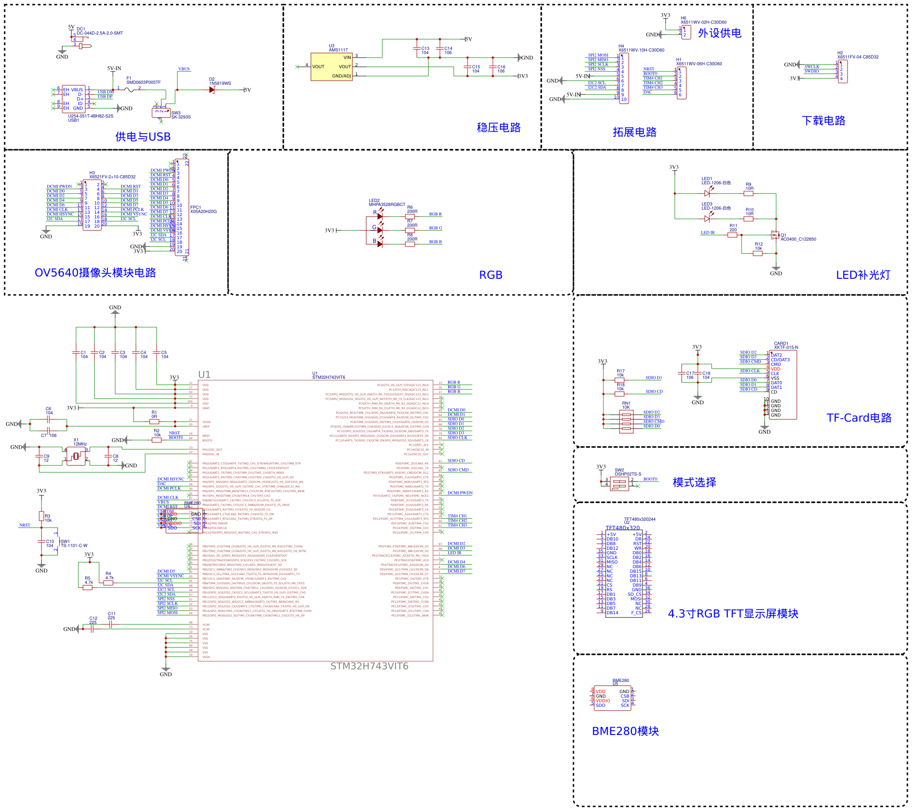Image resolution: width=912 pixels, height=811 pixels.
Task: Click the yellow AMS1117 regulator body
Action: [332, 67]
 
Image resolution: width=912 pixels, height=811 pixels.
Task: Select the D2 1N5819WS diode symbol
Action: [212, 90]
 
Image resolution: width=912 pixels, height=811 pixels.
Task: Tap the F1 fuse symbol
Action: [131, 90]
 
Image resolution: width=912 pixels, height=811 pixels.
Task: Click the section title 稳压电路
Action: [498, 128]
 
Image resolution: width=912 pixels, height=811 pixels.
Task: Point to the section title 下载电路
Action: [824, 121]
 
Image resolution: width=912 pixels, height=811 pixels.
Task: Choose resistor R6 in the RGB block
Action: [410, 216]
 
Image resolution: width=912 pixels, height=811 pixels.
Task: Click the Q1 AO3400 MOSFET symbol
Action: [775, 235]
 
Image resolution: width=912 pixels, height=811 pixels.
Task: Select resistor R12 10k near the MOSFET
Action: [758, 253]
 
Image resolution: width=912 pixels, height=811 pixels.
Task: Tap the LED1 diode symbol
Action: [707, 194]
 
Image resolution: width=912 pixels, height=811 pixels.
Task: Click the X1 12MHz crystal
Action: [76, 456]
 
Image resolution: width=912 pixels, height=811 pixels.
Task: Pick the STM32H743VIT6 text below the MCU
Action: [369, 666]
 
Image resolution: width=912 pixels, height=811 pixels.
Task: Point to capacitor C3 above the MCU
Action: [115, 353]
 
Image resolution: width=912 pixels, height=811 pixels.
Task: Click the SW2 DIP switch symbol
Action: [620, 483]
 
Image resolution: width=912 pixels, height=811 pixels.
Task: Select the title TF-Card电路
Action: [859, 418]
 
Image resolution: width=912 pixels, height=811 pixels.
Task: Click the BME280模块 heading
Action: [625, 731]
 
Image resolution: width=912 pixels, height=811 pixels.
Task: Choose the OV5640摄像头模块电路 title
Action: [95, 273]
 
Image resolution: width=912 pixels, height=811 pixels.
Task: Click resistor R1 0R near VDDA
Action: [154, 422]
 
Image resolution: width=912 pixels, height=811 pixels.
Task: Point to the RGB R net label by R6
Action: [435, 214]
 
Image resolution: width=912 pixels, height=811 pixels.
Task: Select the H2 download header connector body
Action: [842, 71]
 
